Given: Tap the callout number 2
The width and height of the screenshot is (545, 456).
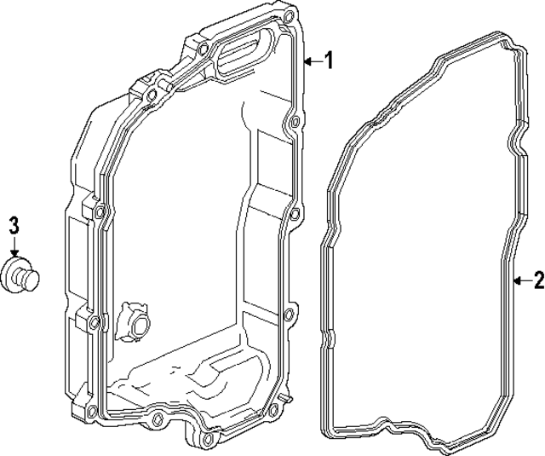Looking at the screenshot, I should point(537,280).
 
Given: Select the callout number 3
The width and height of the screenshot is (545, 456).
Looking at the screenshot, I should point(14,225).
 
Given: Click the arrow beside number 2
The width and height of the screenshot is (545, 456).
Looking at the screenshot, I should point(520,280).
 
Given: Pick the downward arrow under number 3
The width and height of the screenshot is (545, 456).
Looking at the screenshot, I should point(14,245).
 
